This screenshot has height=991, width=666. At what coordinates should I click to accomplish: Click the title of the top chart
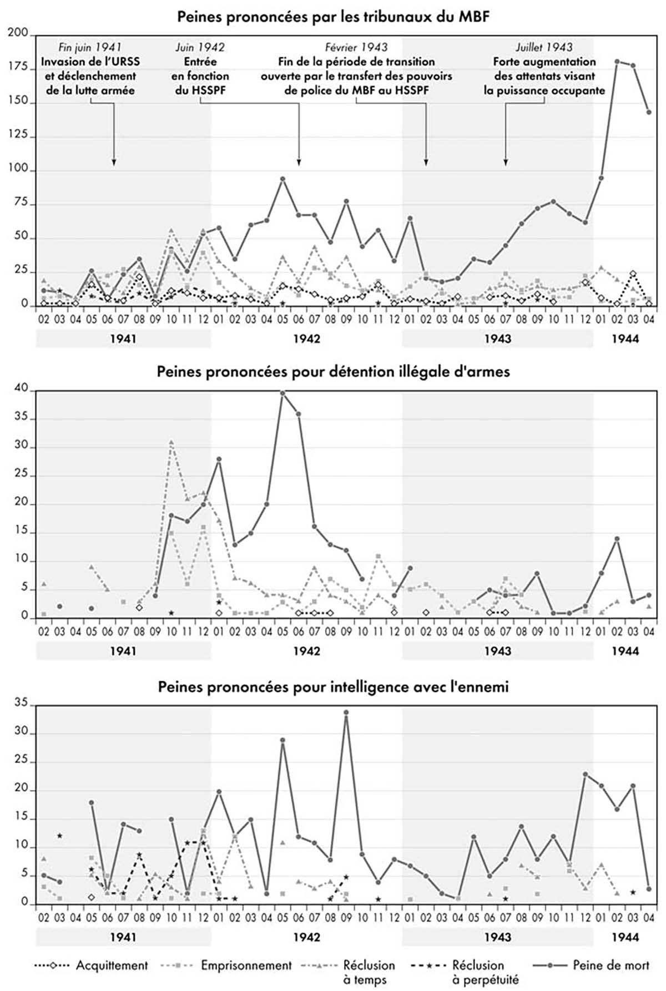(333, 16)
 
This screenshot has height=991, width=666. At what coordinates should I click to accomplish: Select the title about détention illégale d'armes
(333, 371)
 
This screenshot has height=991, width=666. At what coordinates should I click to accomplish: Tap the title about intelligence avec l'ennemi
(333, 686)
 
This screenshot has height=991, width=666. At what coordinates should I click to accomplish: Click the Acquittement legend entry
(112, 965)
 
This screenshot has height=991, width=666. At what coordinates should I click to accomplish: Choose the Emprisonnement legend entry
(246, 965)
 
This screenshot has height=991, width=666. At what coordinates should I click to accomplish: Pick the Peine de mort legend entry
(610, 965)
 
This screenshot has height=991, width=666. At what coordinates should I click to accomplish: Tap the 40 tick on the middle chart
(21, 390)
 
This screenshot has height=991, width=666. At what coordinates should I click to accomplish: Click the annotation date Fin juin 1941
(90, 48)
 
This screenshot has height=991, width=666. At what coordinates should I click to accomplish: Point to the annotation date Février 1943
(356, 48)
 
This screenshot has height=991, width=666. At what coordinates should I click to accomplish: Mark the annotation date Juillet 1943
(544, 48)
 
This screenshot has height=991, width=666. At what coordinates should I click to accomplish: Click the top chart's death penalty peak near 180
(617, 62)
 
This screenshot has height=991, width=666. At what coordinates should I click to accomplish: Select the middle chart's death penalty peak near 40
(282, 393)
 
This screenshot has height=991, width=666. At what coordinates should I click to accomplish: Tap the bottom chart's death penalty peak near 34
(346, 712)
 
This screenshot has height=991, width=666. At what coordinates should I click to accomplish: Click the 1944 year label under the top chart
(625, 338)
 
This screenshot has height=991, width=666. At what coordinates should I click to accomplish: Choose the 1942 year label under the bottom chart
(306, 937)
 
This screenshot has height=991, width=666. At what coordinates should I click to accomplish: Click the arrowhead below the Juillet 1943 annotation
(506, 162)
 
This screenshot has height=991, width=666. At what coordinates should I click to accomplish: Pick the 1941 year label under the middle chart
(123, 651)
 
